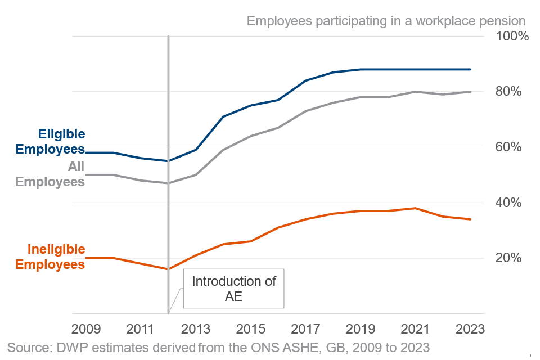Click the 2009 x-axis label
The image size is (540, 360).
[x=85, y=328]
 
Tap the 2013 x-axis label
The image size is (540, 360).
[x=196, y=328]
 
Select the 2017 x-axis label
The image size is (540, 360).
[x=305, y=328]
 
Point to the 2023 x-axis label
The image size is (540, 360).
[x=471, y=328]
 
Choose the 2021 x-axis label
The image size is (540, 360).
[x=416, y=328]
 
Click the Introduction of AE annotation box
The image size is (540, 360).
[x=234, y=289]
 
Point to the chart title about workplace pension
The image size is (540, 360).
[x=386, y=21]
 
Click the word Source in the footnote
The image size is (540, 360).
[x=27, y=345]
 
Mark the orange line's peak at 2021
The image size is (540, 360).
[x=416, y=208]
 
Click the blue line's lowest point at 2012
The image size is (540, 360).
[x=168, y=161]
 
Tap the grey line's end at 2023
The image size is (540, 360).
[x=471, y=92]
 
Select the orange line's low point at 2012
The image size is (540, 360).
[x=168, y=269]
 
